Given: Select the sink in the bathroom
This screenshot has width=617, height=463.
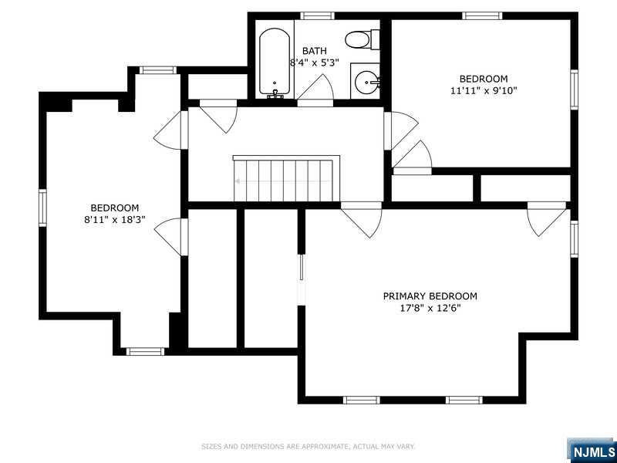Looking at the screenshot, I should [x=366, y=79].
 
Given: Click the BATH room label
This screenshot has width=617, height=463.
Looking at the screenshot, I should [x=314, y=51].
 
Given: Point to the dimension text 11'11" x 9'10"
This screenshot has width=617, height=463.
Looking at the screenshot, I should [x=484, y=90].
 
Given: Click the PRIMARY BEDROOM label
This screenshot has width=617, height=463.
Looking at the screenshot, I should [x=430, y=296].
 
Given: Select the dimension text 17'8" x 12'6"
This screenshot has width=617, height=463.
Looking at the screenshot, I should [x=430, y=308].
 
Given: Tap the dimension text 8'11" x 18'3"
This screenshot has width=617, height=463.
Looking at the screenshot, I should [x=114, y=219].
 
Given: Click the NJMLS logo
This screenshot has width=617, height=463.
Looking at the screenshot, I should [x=592, y=450].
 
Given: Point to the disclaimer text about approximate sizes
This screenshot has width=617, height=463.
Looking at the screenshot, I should [x=308, y=446].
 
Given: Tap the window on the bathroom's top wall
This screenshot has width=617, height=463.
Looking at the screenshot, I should [x=316, y=15].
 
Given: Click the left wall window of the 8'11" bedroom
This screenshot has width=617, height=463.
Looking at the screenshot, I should [x=43, y=208].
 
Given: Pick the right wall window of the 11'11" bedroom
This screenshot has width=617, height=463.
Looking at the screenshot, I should [x=574, y=89].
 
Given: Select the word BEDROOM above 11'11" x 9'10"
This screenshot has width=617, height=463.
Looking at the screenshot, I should [x=484, y=79].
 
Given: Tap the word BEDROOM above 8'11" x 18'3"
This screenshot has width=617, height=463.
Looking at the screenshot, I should [x=114, y=208].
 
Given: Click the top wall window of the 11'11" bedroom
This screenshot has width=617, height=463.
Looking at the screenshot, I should [x=482, y=15].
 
